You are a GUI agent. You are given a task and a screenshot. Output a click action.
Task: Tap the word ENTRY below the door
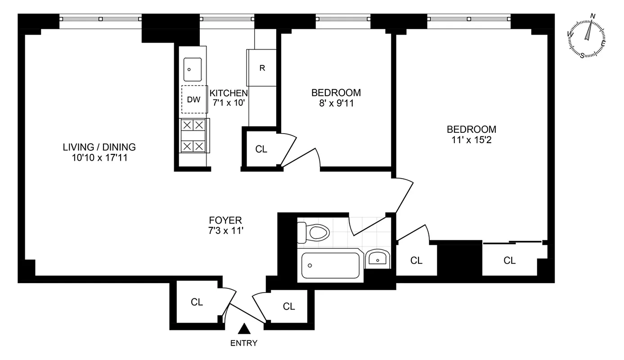click(x=244, y=343)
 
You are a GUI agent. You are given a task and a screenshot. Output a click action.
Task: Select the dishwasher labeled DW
click(x=194, y=99)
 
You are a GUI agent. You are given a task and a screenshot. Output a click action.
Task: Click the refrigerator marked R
click(x=262, y=68)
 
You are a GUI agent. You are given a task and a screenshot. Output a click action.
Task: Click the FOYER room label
click(x=225, y=220)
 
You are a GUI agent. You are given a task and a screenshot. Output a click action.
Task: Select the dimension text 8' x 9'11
click(x=336, y=103)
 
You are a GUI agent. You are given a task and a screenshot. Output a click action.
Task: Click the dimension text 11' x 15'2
click(x=471, y=139)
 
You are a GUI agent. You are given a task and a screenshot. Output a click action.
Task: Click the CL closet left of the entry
click(x=197, y=302)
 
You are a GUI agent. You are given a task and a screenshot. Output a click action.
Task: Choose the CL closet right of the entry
click(x=289, y=306)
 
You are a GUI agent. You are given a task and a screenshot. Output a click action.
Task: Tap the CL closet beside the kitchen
click(x=261, y=149)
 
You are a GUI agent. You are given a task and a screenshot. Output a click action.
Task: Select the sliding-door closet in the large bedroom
click(x=510, y=260)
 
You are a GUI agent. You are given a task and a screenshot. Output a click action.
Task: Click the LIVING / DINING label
click(x=99, y=147)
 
